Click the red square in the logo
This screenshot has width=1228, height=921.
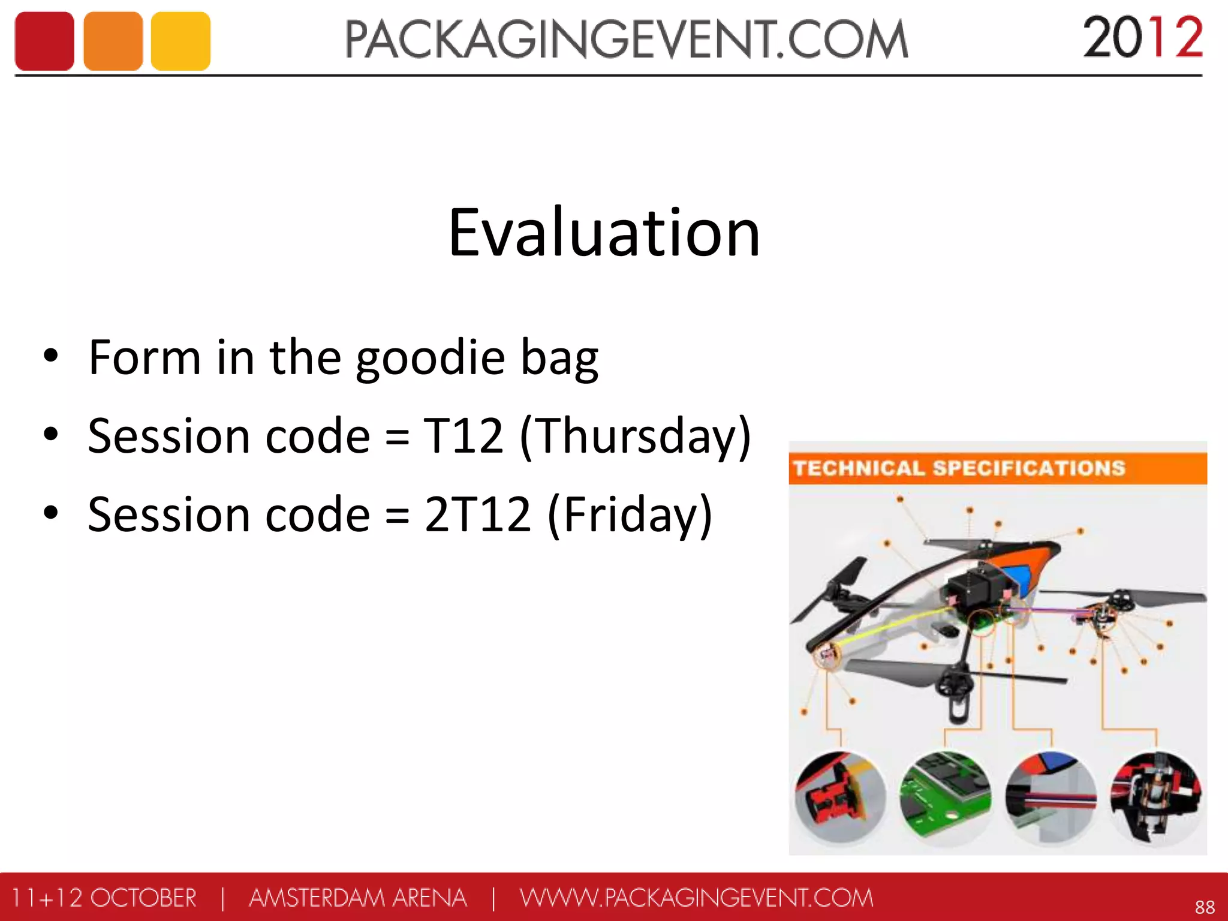(44, 41)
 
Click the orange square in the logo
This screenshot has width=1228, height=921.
(113, 41)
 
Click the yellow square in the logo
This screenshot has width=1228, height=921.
(180, 41)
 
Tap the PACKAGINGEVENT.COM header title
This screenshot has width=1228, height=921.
(626, 40)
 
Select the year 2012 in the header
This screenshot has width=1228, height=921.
(1142, 38)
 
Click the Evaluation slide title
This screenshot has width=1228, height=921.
(604, 233)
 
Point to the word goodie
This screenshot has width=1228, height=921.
(431, 358)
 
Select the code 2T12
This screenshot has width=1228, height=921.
(477, 514)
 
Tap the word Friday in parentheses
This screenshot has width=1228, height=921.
(630, 514)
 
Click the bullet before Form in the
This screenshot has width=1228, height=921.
(51, 355)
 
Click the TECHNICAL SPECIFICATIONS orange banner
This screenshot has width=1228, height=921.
(997, 468)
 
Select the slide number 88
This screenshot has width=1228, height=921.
(1205, 907)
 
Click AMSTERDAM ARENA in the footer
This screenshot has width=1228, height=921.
(357, 898)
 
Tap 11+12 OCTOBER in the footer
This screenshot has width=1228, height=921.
(104, 898)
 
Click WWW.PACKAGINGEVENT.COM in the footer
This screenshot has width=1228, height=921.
(696, 898)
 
